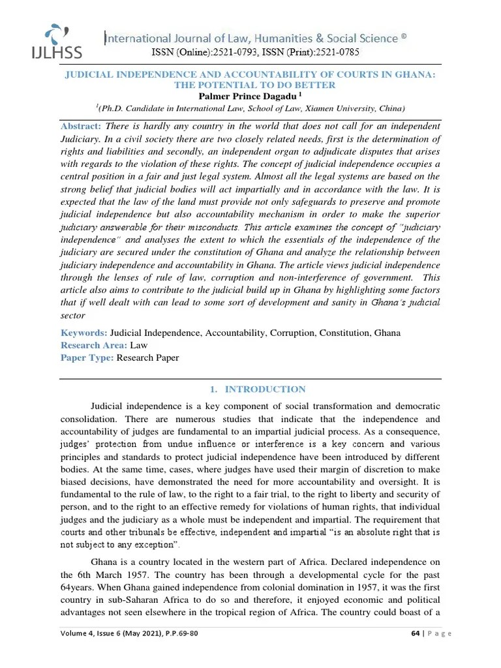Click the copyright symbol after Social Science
tap(404, 37)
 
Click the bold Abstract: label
tap(80, 125)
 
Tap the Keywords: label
tap(84, 333)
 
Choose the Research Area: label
tap(94, 345)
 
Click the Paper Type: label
tap(87, 357)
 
